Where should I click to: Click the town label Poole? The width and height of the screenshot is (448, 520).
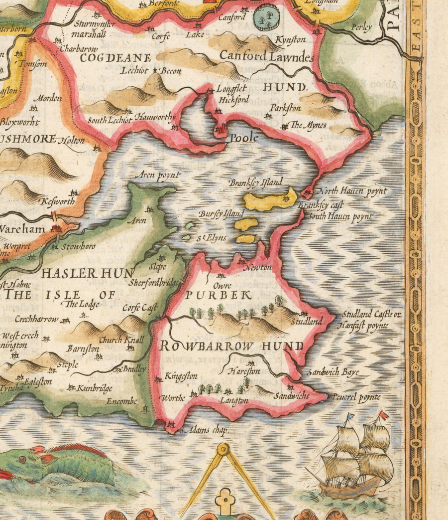point(243,137)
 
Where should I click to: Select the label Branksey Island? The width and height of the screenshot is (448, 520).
point(255,182)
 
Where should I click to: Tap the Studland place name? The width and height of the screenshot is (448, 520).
point(307,322)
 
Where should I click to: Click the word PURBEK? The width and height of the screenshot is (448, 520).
point(218,295)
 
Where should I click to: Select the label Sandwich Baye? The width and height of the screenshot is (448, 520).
point(333,372)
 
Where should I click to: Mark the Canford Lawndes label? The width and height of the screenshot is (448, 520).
point(267,56)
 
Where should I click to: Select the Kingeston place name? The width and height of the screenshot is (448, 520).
point(181,376)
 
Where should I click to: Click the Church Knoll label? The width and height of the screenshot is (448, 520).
point(121,340)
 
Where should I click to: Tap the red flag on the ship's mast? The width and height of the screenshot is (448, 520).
point(383,414)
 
